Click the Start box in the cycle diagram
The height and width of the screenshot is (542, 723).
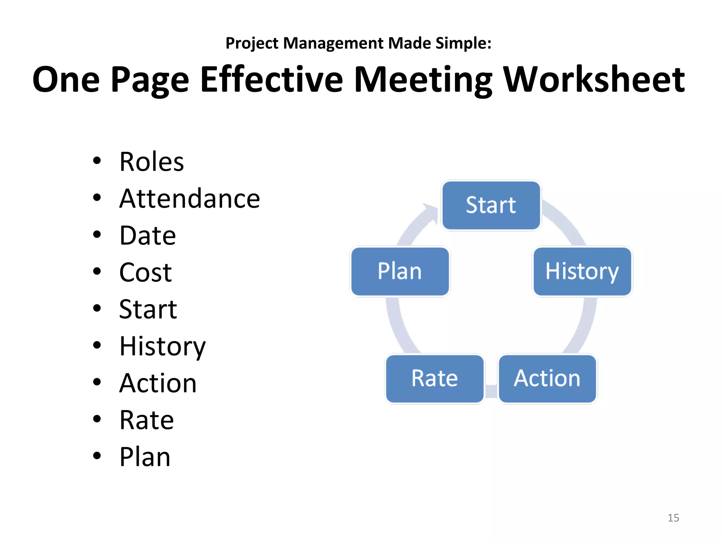click(491, 205)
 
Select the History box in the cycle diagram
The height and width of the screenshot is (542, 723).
click(582, 271)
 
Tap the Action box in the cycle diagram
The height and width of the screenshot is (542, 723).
click(547, 379)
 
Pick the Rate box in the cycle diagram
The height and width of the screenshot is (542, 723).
click(435, 379)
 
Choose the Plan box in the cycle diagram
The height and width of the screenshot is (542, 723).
click(400, 271)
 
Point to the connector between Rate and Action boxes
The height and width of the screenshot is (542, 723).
click(491, 391)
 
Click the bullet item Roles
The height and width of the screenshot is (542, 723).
click(151, 162)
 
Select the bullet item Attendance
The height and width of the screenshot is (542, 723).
click(190, 199)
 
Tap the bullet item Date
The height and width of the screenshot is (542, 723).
click(148, 236)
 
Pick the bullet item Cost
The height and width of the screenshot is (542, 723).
click(145, 273)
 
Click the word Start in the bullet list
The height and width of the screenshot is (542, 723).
click(148, 309)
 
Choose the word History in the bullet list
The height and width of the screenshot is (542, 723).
click(162, 347)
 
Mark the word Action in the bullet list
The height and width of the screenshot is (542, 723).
click(158, 383)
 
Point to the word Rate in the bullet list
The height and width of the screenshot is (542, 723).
click(147, 420)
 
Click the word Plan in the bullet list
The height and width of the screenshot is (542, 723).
click(145, 457)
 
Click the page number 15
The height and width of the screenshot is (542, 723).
click(673, 518)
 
